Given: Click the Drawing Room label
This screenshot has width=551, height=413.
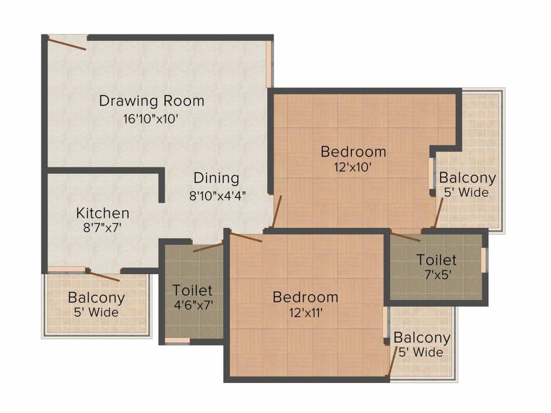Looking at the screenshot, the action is [151, 101].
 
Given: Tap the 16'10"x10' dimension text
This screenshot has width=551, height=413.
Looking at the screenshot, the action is [151, 119].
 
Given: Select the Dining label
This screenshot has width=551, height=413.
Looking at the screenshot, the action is [216, 178].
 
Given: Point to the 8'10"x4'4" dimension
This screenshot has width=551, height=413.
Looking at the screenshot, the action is [217, 195].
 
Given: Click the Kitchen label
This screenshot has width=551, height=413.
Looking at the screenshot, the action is [103, 213].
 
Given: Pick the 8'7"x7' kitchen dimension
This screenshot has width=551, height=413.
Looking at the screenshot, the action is [102, 228].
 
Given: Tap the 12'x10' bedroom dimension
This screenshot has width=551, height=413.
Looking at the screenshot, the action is [352, 167].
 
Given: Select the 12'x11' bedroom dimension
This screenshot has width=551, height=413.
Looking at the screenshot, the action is [306, 312].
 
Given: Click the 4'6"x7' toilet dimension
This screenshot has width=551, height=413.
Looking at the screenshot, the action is [193, 305].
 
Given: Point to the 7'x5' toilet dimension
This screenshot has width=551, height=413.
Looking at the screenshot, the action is [437, 274].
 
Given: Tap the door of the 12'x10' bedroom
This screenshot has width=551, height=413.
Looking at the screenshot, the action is [277, 212].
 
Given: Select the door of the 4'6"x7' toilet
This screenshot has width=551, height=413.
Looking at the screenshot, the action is [208, 247].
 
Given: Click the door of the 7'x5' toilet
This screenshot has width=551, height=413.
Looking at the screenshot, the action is [405, 237].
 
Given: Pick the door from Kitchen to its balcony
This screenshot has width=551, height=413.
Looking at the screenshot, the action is [104, 276].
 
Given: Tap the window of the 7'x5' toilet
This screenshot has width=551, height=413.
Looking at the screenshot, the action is [484, 260].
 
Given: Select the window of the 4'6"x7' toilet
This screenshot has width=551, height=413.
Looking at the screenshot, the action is [178, 340].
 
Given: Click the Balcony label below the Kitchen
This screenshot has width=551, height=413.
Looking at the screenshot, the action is [97, 298].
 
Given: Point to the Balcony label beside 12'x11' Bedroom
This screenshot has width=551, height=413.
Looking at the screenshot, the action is [422, 338].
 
